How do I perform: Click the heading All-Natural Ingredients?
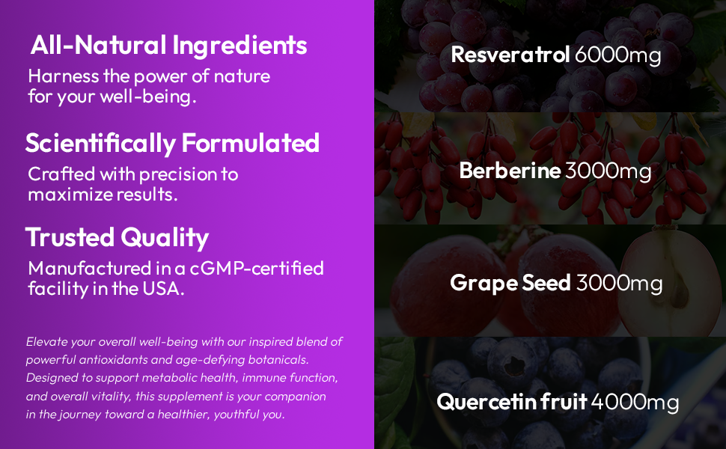[168, 45]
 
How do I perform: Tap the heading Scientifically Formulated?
[172, 142]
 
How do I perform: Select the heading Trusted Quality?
[117, 237]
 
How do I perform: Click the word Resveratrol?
[510, 55]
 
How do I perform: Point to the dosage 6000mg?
[617, 55]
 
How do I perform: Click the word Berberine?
[510, 171]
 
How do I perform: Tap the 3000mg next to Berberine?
[608, 171]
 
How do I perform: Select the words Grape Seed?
[510, 283]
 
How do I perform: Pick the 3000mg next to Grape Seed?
[619, 283]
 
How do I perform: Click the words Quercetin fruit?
[512, 402]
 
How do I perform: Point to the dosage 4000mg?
[635, 402]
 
